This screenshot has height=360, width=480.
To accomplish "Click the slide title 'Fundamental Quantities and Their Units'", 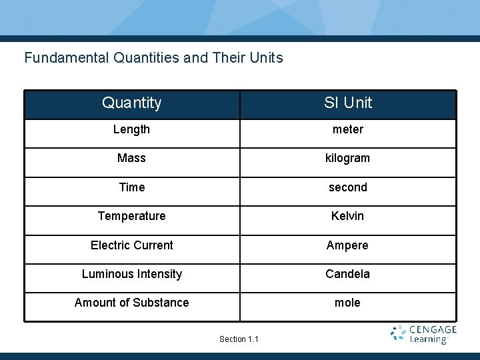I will [153, 58].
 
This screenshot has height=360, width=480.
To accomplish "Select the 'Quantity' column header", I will [132, 103].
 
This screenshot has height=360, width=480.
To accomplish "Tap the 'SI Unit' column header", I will [348, 103].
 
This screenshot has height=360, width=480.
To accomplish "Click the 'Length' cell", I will [132, 129].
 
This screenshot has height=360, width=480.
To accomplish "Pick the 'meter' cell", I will [348, 129].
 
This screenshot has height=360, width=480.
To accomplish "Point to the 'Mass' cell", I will [132, 158].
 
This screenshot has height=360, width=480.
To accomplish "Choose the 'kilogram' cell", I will [348, 158].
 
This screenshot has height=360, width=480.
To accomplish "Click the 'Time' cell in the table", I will [132, 187].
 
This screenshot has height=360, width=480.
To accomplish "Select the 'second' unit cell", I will [348, 187].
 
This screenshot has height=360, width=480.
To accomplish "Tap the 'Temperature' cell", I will [132, 216].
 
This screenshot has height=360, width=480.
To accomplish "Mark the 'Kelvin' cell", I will [348, 216].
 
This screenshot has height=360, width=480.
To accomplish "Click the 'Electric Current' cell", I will [132, 245].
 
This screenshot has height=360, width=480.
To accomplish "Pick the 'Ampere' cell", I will [348, 245].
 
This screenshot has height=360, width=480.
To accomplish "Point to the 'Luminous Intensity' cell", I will [132, 274].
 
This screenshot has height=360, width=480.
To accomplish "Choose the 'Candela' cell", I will [348, 274].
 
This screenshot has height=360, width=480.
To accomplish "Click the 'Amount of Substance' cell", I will [132, 303].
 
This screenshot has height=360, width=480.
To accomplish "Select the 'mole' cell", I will [348, 303].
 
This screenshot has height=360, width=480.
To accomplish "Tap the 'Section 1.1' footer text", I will [239, 339].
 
